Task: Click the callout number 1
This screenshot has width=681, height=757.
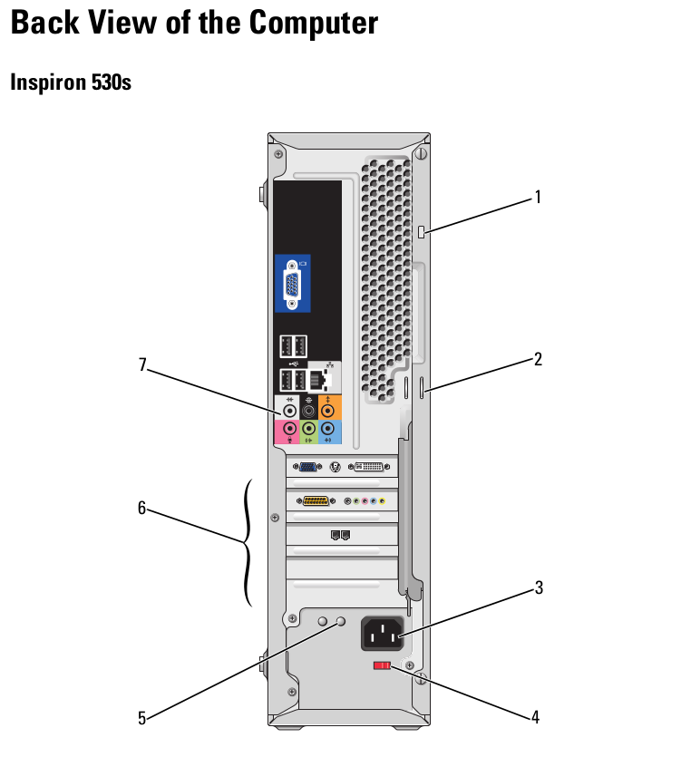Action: (x=538, y=196)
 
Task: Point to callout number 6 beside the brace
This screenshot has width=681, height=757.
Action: (x=141, y=509)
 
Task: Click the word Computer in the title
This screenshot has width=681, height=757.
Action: (x=314, y=21)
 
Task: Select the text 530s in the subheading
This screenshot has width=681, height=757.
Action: (x=112, y=82)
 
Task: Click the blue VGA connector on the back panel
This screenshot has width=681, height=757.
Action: (x=292, y=285)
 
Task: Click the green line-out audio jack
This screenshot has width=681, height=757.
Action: (x=309, y=428)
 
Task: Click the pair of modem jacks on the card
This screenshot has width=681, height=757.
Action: (x=341, y=535)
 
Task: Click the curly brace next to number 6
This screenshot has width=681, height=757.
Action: (x=248, y=542)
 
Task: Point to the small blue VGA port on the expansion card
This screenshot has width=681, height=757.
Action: (x=308, y=467)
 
